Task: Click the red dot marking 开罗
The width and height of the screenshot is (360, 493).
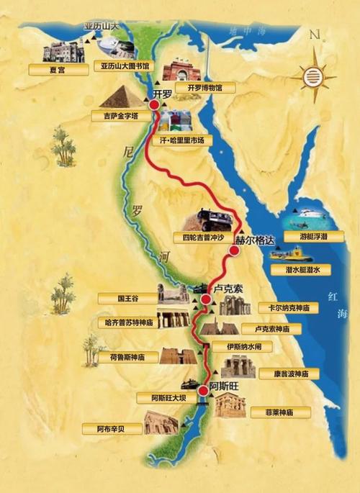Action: point(153,105)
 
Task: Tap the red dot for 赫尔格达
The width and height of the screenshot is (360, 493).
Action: point(234,251)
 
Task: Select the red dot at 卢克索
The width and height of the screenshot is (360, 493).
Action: point(206,299)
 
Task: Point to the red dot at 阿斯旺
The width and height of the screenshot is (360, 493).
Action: point(203,390)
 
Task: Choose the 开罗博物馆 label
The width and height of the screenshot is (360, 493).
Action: point(204,88)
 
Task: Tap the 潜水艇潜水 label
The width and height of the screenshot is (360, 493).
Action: point(300,268)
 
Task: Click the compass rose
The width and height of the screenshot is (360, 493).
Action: point(314,72)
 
